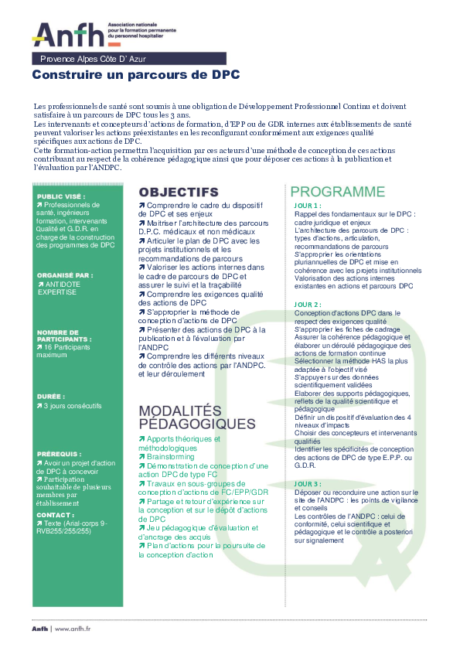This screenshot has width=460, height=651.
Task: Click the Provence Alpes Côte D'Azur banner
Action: tap(92, 59)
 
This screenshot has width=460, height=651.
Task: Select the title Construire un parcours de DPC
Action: tap(136, 75)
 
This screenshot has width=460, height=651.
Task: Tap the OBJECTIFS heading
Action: tap(179, 192)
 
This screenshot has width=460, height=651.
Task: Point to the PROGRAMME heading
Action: tap(337, 192)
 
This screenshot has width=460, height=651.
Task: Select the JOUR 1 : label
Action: tap(308, 206)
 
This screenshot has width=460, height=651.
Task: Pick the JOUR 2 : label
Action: tap(308, 305)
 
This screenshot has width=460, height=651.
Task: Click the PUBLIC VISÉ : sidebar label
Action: tap(61, 196)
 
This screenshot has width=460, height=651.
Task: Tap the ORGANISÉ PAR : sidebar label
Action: tap(64, 274)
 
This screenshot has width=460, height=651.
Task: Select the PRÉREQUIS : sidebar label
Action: tap(58, 454)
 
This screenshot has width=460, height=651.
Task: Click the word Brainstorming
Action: tap(170, 457)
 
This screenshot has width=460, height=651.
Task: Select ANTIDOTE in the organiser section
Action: tap(63, 285)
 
